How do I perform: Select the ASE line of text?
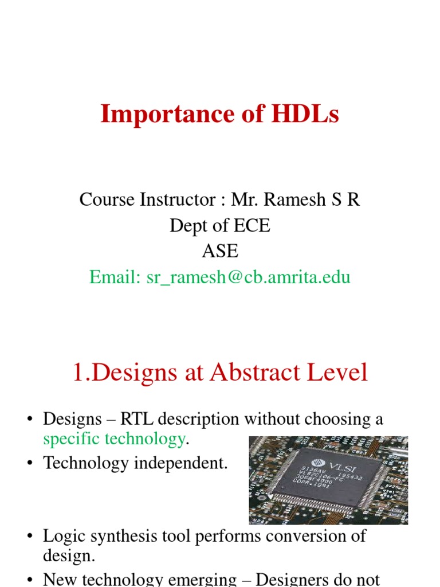click(220, 251)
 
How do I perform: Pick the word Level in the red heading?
click(339, 373)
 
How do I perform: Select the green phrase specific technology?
click(114, 440)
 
